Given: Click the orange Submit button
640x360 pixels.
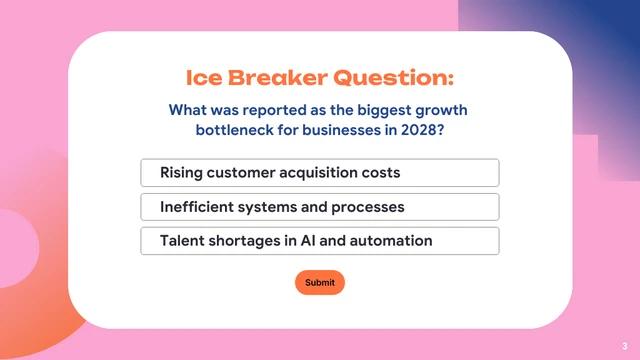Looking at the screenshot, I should (320, 283).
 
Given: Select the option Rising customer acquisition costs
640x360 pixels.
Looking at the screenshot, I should (320, 173).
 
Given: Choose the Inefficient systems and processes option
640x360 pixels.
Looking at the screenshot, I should (320, 207).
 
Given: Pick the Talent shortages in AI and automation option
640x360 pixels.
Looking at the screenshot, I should (320, 241).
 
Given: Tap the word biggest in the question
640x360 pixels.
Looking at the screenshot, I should (368, 110).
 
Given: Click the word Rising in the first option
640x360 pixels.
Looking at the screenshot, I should (182, 173).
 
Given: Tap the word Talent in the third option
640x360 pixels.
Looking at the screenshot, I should (183, 241).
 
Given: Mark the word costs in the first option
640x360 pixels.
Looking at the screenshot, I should (380, 173).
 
